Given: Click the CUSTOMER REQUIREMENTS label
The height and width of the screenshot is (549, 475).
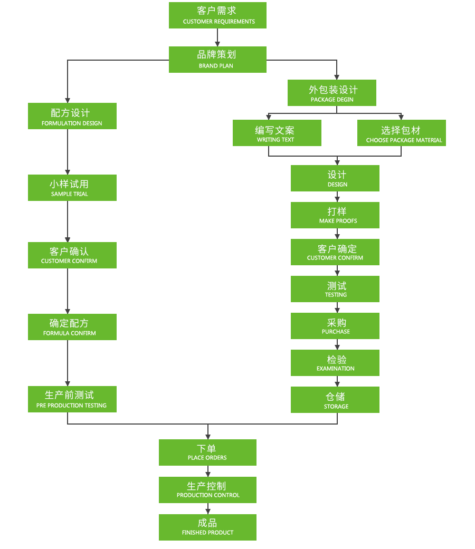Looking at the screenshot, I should pyautogui.click(x=218, y=22).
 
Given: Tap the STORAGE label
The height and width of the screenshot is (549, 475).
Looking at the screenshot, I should pyautogui.click(x=336, y=407).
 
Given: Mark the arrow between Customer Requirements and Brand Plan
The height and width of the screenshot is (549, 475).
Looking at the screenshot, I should pyautogui.click(x=217, y=37).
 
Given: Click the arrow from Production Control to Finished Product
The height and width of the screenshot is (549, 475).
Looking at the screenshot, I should pyautogui.click(x=208, y=508).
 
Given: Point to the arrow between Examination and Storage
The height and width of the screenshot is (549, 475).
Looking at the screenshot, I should pyautogui.click(x=337, y=381).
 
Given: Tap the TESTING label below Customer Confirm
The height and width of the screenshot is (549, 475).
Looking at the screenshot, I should pyautogui.click(x=336, y=295).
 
